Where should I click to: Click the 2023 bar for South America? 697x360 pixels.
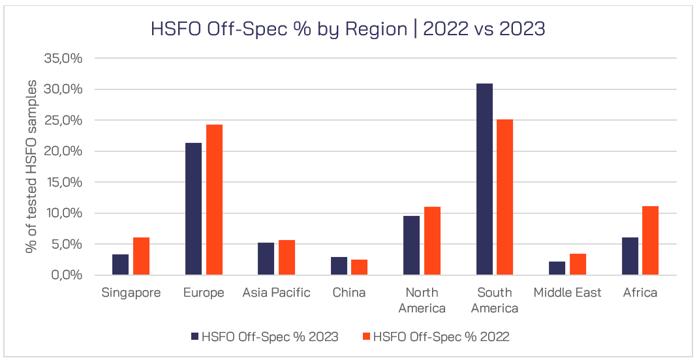(484, 179)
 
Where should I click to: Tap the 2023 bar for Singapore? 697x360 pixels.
(121, 265)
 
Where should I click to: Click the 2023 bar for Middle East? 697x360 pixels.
(557, 268)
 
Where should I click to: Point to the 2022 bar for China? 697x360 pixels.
(360, 267)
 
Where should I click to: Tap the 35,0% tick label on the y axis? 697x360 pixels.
(63, 58)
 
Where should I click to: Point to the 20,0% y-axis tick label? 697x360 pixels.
(63, 151)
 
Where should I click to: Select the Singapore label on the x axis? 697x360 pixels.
(131, 293)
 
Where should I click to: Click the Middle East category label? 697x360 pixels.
(567, 293)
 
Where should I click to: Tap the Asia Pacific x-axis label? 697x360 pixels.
(276, 293)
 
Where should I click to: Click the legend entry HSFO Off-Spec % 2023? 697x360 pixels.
(270, 337)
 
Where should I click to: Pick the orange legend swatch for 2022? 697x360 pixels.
(366, 337)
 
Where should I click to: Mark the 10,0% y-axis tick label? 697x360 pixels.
(63, 213)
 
